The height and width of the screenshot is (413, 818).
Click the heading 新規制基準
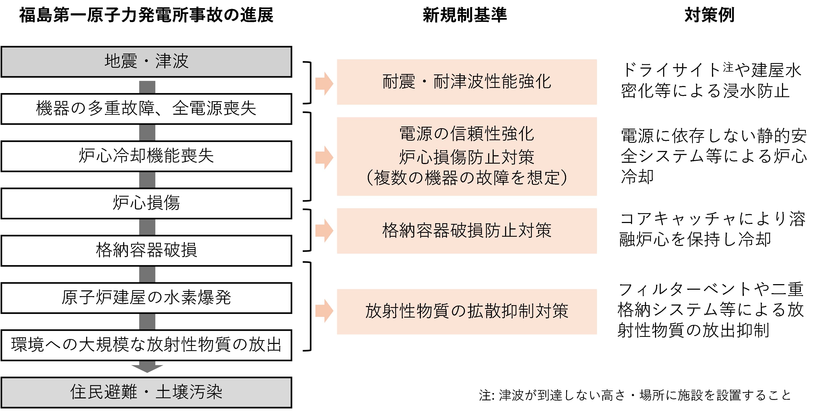tap(465, 15)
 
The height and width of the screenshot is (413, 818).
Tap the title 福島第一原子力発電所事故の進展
tap(146, 15)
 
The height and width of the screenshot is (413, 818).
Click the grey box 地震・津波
tap(146, 62)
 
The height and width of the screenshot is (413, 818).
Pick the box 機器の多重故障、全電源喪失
tap(146, 109)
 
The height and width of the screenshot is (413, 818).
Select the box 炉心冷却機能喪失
tap(146, 156)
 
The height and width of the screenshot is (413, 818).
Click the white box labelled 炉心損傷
tap(146, 203)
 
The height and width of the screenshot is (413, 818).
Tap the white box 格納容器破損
tap(146, 250)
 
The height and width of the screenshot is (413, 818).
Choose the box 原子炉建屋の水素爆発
tap(146, 298)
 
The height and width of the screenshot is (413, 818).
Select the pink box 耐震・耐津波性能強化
tap(467, 82)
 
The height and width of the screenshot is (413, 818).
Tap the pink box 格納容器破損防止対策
tap(467, 231)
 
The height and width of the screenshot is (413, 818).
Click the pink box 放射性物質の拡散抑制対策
tap(467, 311)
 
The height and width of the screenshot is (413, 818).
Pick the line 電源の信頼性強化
tap(467, 134)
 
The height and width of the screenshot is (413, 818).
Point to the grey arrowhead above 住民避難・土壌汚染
tap(147, 368)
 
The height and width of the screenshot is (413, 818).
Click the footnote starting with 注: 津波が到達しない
tap(635, 395)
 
